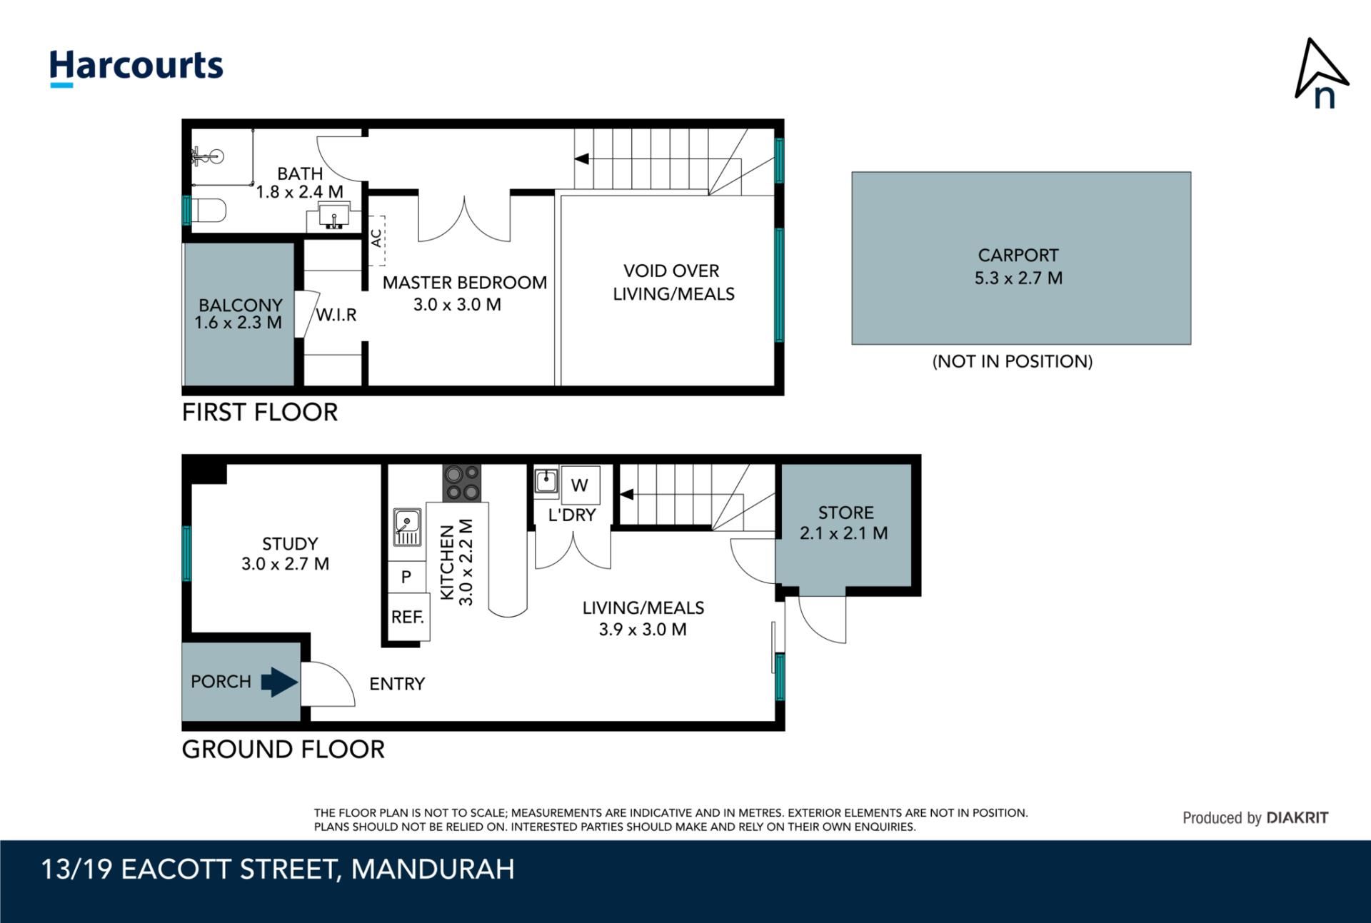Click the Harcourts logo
136,68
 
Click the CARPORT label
1018,256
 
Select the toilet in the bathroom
209,211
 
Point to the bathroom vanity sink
333,216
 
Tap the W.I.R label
336,315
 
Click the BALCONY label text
240,305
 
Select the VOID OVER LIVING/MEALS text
673,282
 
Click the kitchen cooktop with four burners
462,483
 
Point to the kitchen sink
407,527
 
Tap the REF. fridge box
408,617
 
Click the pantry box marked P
406,577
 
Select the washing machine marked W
580,485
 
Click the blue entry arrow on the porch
279,682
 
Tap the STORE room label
845,513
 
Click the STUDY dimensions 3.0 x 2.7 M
285,564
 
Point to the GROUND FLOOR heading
283,750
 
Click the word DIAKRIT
1297,818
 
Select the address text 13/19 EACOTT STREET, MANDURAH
278,869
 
